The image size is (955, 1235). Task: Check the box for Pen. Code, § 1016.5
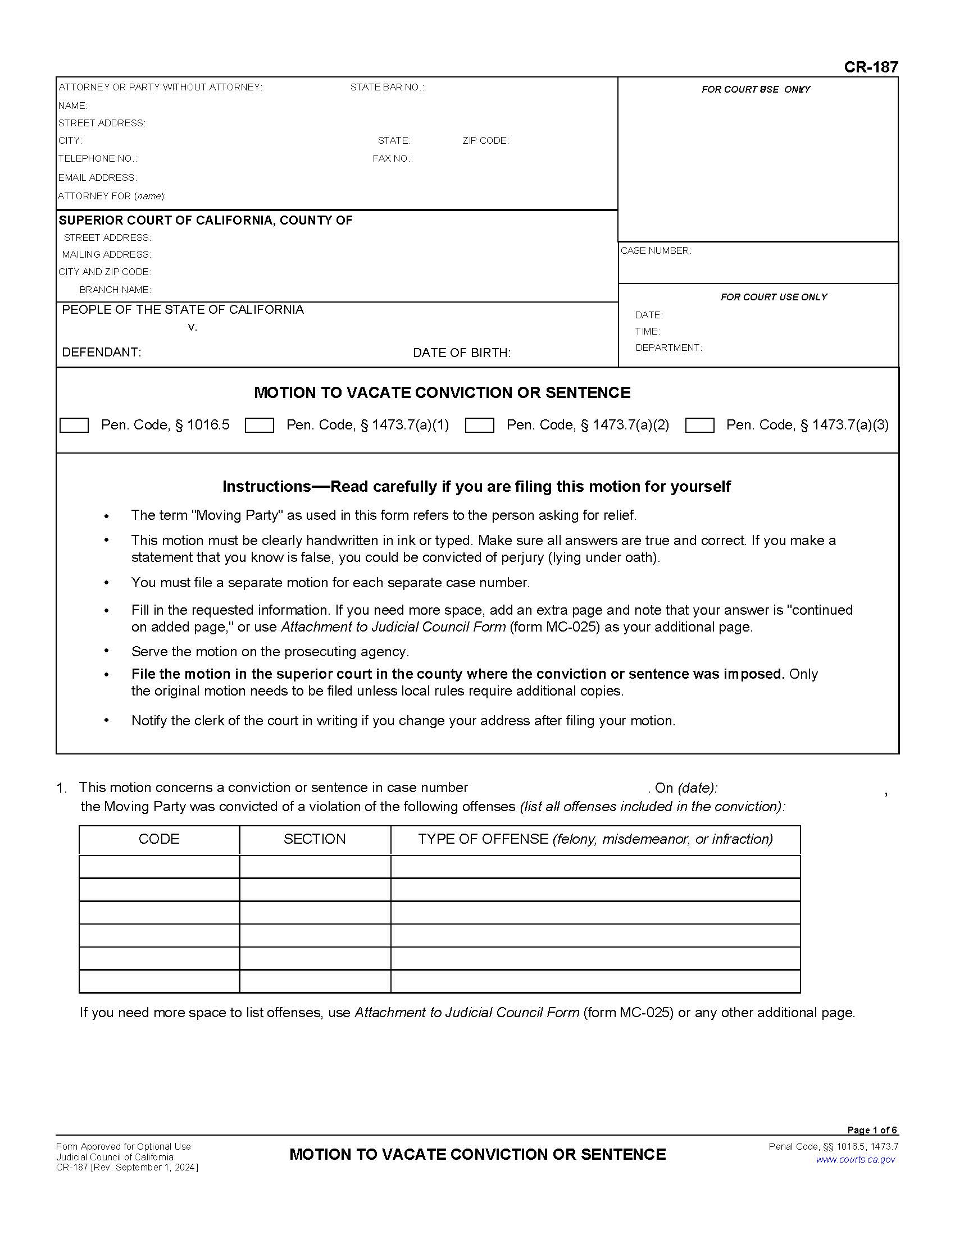click(x=74, y=426)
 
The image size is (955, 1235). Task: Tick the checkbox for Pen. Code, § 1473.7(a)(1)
click(x=259, y=426)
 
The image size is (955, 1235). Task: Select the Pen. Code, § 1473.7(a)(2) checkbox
click(x=479, y=426)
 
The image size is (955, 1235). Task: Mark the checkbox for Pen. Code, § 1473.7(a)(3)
click(x=699, y=426)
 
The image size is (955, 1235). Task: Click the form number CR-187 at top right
click(x=870, y=67)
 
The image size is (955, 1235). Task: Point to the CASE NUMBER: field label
click(x=656, y=250)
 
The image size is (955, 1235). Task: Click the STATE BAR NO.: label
click(x=387, y=87)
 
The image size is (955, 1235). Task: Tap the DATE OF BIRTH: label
click(x=462, y=353)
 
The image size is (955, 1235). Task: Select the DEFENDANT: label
click(x=101, y=353)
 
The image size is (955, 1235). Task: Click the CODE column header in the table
click(x=159, y=839)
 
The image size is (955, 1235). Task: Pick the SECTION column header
click(x=315, y=839)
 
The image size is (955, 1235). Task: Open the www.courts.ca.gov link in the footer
click(x=856, y=1159)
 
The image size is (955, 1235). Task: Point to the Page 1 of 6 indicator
click(x=872, y=1130)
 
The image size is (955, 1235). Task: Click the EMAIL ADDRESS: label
click(x=97, y=177)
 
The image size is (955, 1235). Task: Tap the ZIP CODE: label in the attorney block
click(x=485, y=140)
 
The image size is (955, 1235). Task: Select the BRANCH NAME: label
click(x=115, y=290)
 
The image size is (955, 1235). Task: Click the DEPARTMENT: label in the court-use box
click(x=668, y=348)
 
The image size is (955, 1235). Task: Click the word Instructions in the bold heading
click(x=266, y=486)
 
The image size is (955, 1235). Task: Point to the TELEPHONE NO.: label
click(x=97, y=158)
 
